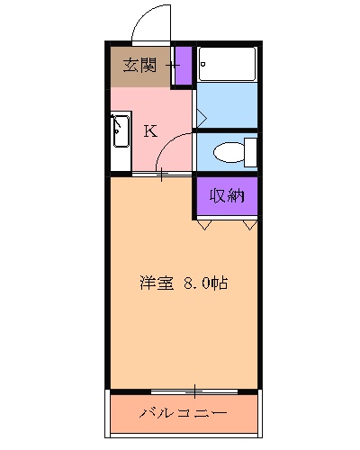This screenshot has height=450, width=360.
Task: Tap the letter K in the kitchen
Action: pos(150,130)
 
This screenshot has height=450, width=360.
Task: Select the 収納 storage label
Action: pos(227,195)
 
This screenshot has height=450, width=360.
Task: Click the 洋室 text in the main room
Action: pos(156,283)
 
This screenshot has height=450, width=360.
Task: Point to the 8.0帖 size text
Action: pos(205,283)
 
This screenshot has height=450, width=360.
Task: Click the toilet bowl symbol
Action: pos(231,152)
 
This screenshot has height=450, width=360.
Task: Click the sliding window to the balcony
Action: pos(194,391)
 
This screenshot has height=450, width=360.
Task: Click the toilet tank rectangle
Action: pos(252,151)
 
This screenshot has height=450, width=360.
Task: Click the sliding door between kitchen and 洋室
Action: pos(162,174)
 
